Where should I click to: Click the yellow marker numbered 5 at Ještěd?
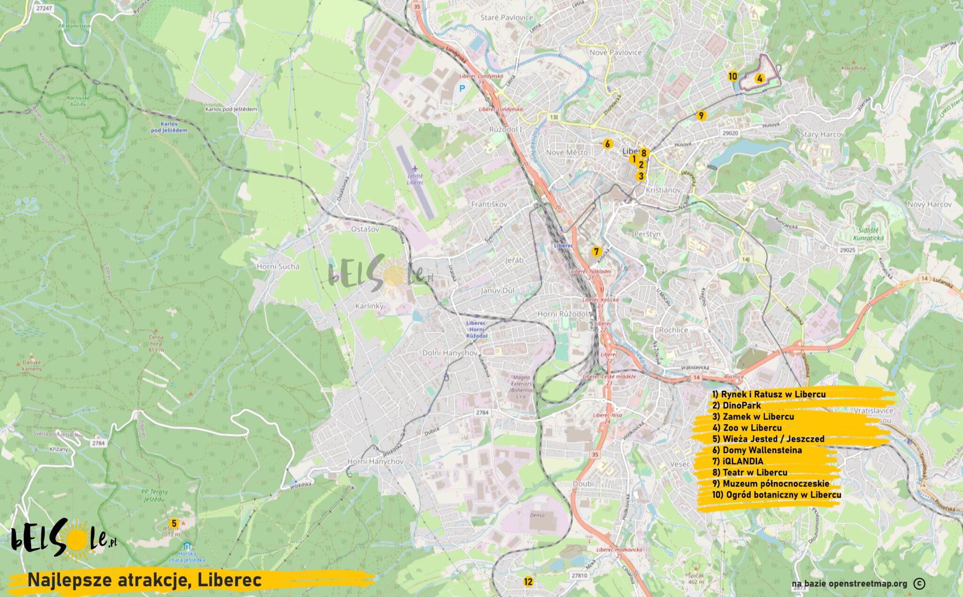[174, 523]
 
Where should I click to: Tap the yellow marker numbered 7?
[596, 251]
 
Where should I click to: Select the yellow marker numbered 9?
[701, 115]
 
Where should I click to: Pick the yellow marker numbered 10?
[733, 76]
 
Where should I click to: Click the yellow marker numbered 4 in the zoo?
[759, 79]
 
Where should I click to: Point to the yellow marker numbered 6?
[607, 144]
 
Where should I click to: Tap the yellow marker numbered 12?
[528, 581]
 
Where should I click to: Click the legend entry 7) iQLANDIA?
[738, 461]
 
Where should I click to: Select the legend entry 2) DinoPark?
[736, 405]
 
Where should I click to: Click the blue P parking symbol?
[462, 88]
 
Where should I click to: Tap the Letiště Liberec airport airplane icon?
[414, 168]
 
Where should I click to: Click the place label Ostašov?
[365, 229]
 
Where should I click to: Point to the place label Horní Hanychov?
[375, 461]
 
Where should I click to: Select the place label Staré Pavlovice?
[506, 17]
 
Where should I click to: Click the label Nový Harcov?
[929, 204]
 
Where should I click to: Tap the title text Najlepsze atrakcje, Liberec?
[144, 580]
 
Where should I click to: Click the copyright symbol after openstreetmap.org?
[919, 583]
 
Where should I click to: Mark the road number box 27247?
[44, 8]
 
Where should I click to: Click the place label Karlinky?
[369, 306]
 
